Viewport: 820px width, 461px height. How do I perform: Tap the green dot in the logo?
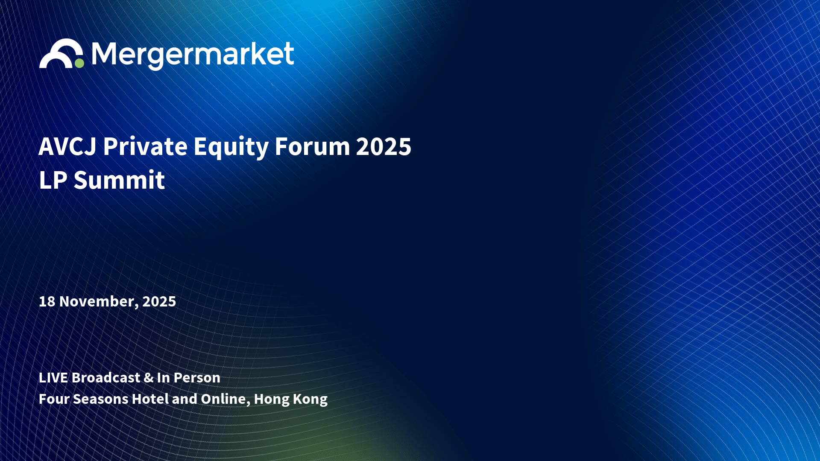pos(79,63)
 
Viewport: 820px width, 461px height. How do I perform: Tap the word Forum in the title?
pos(313,147)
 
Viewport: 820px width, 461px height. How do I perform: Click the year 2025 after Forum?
pos(384,147)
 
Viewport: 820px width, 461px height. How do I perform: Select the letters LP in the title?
pos(53,180)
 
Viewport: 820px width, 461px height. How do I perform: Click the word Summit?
pos(119,180)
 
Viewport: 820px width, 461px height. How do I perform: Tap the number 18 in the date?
pos(47,301)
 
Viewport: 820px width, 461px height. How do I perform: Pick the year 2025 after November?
pos(159,301)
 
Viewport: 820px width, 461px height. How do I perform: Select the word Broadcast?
pos(106,378)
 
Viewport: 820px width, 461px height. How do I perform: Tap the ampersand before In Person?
pos(149,378)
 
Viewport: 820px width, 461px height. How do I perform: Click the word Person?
pos(197,378)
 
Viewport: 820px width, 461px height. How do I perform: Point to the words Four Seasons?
pos(84,399)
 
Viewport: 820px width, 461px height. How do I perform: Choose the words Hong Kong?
pos(291,400)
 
